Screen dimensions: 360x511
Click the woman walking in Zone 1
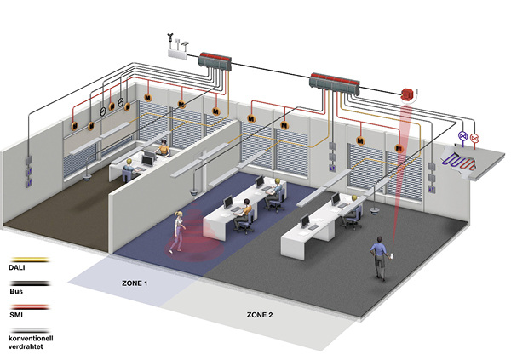click(x=177, y=231)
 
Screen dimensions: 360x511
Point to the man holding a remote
click(x=377, y=257)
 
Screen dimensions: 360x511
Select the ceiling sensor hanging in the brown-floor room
click(x=91, y=176)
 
